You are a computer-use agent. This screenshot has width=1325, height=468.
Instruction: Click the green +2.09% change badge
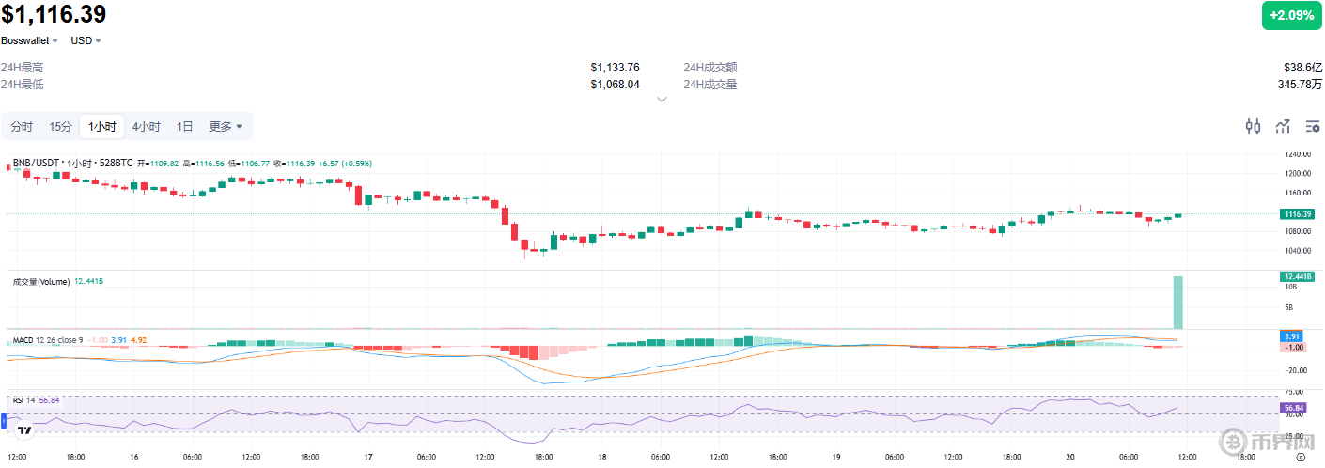pyautogui.click(x=1291, y=15)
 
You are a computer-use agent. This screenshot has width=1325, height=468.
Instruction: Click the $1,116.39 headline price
pyautogui.click(x=54, y=14)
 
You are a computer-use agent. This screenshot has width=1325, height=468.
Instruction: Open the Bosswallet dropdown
pyautogui.click(x=29, y=41)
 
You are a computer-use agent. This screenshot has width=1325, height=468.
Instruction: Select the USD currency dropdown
pyautogui.click(x=86, y=41)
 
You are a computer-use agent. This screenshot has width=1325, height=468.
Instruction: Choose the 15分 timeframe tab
pyautogui.click(x=61, y=127)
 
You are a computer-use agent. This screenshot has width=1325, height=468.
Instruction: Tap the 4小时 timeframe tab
pyautogui.click(x=146, y=127)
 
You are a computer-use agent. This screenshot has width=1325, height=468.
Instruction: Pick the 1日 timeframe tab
pyautogui.click(x=185, y=127)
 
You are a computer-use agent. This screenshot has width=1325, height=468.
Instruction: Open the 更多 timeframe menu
pyautogui.click(x=226, y=127)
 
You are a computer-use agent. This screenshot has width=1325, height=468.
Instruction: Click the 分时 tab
pyautogui.click(x=22, y=127)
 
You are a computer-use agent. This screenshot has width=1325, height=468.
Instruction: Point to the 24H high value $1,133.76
pyautogui.click(x=615, y=68)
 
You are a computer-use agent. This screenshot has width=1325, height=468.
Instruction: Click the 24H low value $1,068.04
pyautogui.click(x=615, y=85)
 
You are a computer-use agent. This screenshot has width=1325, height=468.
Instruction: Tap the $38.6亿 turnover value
pyautogui.click(x=1302, y=68)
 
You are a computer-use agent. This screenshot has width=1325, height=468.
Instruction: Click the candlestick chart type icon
pyautogui.click(x=1253, y=127)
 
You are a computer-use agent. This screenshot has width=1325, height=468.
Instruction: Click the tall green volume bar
pyautogui.click(x=1177, y=302)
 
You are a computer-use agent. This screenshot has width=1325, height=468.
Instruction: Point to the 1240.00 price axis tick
pyautogui.click(x=1298, y=154)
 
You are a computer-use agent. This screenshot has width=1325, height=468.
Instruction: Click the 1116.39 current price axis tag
pyautogui.click(x=1298, y=214)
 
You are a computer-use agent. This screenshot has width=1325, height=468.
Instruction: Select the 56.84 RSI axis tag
pyautogui.click(x=1293, y=409)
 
